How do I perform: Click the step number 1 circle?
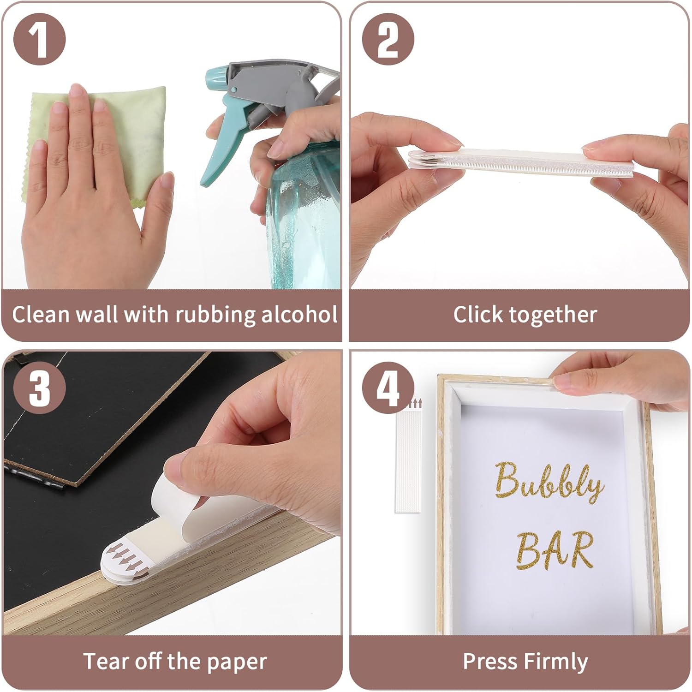point(40,39)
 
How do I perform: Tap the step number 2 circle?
point(388,39)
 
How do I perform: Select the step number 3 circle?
point(40,388)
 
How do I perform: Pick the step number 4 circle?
point(388,388)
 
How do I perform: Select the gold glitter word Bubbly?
point(549,482)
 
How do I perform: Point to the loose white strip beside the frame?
point(408,461)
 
